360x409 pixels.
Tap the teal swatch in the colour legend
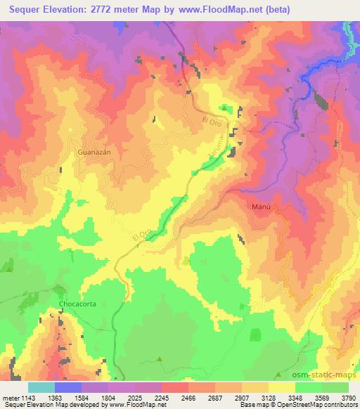[41, 387]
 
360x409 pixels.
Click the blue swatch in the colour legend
[68, 387]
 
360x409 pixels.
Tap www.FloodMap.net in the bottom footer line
[138, 405]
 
